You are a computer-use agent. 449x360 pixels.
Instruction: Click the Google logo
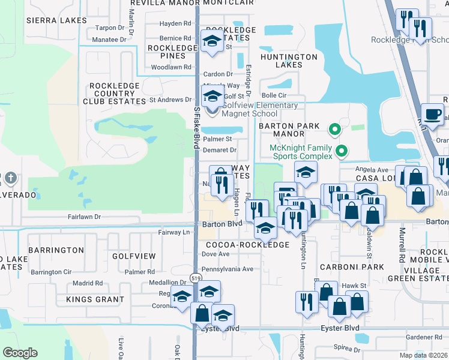click(20, 353)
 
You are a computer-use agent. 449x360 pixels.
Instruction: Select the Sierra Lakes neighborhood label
click(52, 20)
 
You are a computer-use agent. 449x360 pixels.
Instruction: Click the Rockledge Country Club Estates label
click(114, 94)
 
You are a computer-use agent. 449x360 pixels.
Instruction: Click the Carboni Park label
click(360, 266)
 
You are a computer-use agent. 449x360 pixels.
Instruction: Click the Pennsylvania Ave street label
click(228, 269)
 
